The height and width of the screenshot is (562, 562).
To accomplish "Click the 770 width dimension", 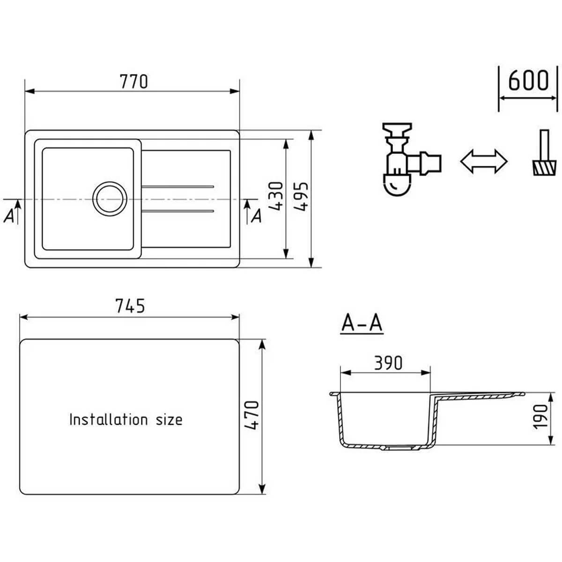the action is tap(134, 81).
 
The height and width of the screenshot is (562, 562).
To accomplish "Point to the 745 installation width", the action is tap(130, 306).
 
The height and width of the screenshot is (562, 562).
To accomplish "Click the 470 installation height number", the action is tap(251, 415).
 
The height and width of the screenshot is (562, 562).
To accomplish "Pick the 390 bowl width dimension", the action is tap(388, 363).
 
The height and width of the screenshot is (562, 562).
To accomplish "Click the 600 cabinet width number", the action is tap(528, 80).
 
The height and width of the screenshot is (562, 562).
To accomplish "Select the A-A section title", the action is tap(362, 323).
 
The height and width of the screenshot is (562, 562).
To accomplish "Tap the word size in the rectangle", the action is tap(169, 420).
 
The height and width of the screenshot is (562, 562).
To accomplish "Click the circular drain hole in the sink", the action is tap(110, 199).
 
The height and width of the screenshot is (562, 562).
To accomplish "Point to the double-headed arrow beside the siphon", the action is tap(484, 161).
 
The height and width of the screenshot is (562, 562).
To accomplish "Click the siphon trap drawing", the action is tap(411, 159).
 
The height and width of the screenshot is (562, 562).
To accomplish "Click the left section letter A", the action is tap(9, 216).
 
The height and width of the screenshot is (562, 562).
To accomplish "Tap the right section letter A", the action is tap(256, 216).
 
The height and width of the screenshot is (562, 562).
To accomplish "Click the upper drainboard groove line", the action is tap(178, 187).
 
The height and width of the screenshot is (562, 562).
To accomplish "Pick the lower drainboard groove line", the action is tap(178, 211).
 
